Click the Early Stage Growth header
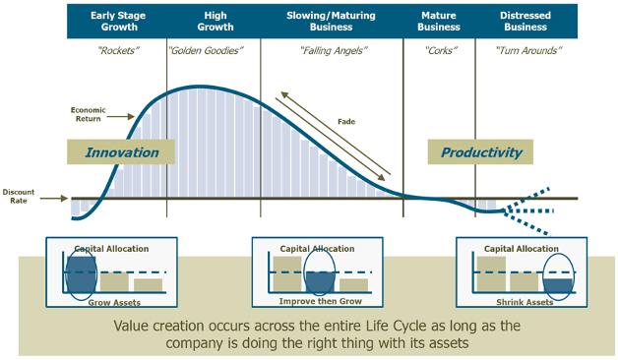[x=116, y=22]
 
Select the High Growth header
[x=214, y=22]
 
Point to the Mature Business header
[x=439, y=22]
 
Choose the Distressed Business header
[x=525, y=22]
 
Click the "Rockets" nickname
[x=116, y=49]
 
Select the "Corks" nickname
[x=439, y=49]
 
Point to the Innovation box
[x=121, y=152]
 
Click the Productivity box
[x=480, y=152]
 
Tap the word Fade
[x=345, y=122]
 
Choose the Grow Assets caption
[x=113, y=302]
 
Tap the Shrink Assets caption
[x=522, y=302]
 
